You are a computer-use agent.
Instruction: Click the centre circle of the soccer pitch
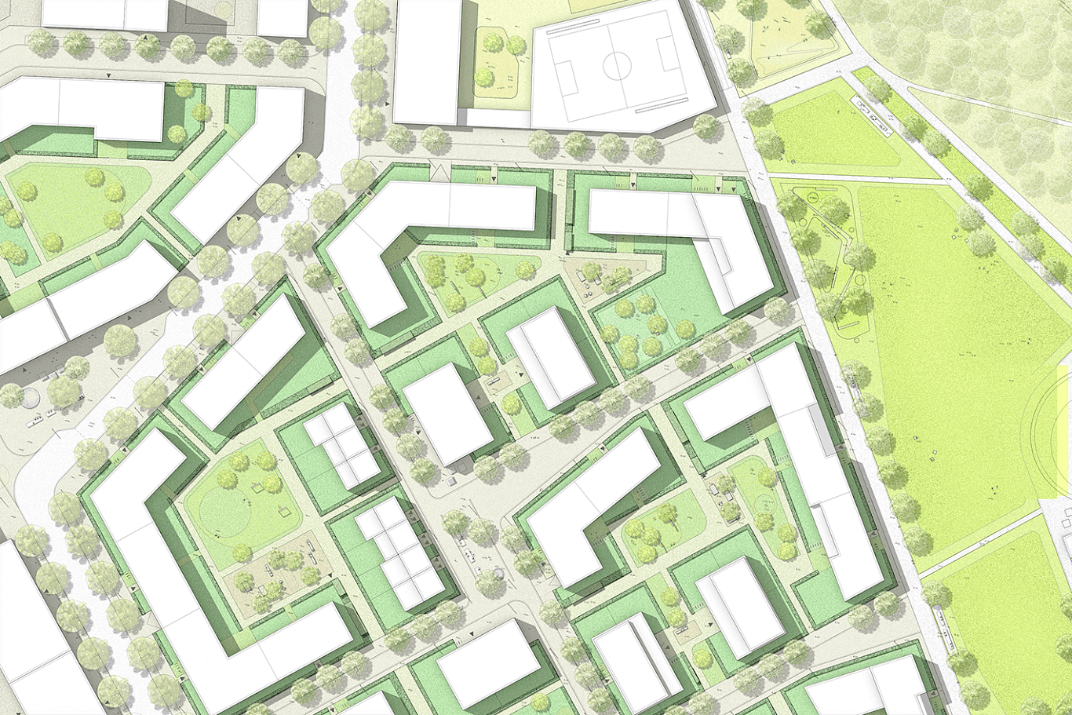tap(616, 65)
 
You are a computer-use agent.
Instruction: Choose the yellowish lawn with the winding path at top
tap(785, 39)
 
